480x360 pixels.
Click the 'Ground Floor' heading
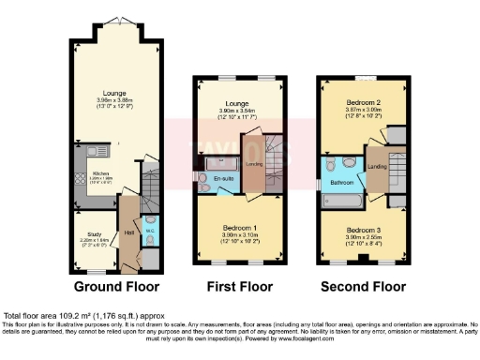[118, 286]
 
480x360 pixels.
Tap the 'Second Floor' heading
[364, 286]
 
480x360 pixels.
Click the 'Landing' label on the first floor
[253, 166]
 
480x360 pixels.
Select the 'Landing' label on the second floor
[378, 167]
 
